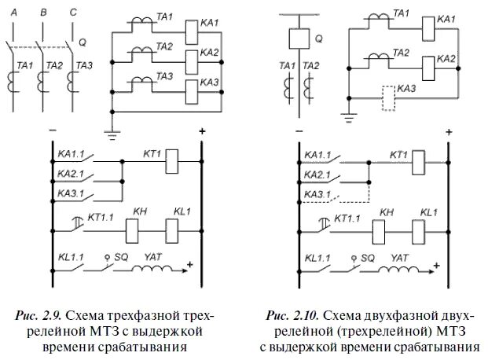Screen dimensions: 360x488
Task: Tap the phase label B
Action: pos(42,11)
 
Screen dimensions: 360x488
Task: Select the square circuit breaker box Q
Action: pos(298,39)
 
